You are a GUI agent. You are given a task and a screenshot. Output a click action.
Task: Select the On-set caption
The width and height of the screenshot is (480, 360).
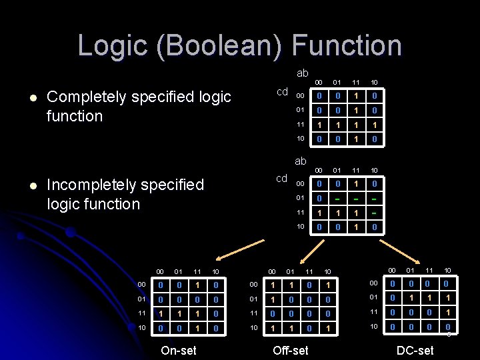(x=179, y=350)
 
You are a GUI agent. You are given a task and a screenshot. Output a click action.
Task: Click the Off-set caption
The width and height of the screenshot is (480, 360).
(x=291, y=350)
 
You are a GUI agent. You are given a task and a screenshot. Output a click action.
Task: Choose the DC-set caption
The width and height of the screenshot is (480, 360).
(x=415, y=350)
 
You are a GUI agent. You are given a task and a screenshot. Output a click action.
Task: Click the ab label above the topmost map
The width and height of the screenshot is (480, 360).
(x=302, y=73)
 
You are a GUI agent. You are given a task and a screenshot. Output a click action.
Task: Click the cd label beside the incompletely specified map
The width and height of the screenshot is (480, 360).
(x=282, y=179)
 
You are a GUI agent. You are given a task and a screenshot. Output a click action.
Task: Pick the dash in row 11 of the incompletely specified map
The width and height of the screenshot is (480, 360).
(x=375, y=212)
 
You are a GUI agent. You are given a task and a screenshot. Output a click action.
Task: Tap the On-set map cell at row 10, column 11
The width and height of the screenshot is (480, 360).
(x=197, y=328)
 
